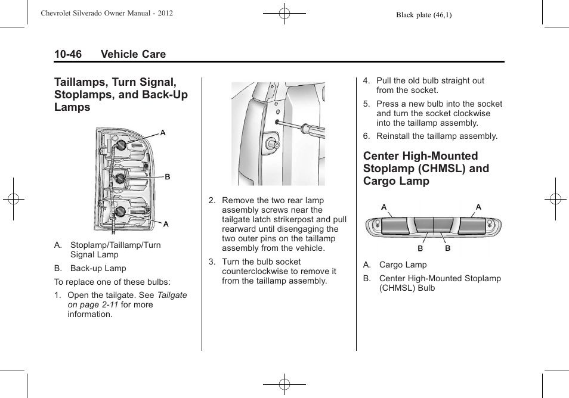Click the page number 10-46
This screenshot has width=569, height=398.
point(68,54)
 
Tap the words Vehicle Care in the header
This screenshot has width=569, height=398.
point(133,54)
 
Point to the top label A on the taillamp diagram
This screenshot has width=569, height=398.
point(163,132)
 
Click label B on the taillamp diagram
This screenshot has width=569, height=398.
point(168,177)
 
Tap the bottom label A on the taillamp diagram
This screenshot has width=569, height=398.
point(166,224)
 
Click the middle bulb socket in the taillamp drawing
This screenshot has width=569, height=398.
point(119,178)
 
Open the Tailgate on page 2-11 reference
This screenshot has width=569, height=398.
point(128,300)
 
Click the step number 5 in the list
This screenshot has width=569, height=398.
point(366,104)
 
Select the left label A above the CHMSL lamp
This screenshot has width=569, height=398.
point(384,207)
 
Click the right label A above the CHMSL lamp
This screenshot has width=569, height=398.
point(478,207)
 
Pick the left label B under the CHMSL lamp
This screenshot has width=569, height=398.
point(420,248)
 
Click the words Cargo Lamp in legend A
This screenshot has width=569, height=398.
point(403,265)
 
